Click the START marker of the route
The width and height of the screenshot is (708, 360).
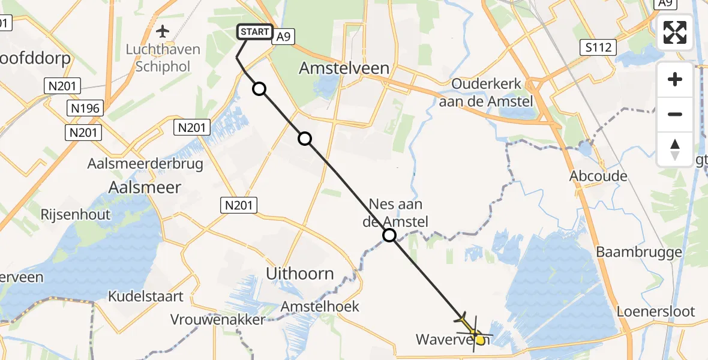click(x=256, y=32)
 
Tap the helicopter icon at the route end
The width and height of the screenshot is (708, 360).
click(x=470, y=324)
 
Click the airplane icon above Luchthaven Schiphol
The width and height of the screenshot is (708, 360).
click(x=162, y=30)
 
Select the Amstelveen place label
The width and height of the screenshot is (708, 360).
click(x=344, y=68)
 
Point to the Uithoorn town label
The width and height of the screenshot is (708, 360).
click(x=300, y=274)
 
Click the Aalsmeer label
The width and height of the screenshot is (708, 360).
click(x=145, y=187)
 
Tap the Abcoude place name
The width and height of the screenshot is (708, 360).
click(x=599, y=176)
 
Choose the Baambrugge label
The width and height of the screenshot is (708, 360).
click(x=639, y=252)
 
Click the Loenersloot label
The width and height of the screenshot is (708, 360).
click(x=656, y=311)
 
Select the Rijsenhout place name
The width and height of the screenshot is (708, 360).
click(x=75, y=214)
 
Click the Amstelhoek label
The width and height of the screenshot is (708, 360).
click(x=320, y=307)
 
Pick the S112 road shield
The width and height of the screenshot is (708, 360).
click(x=599, y=46)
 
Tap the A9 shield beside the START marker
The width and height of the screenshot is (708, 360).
click(x=284, y=37)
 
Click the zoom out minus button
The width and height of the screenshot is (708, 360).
click(x=675, y=114)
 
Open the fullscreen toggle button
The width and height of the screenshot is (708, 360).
click(x=675, y=32)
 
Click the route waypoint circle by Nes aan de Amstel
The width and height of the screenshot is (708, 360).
click(x=389, y=235)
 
